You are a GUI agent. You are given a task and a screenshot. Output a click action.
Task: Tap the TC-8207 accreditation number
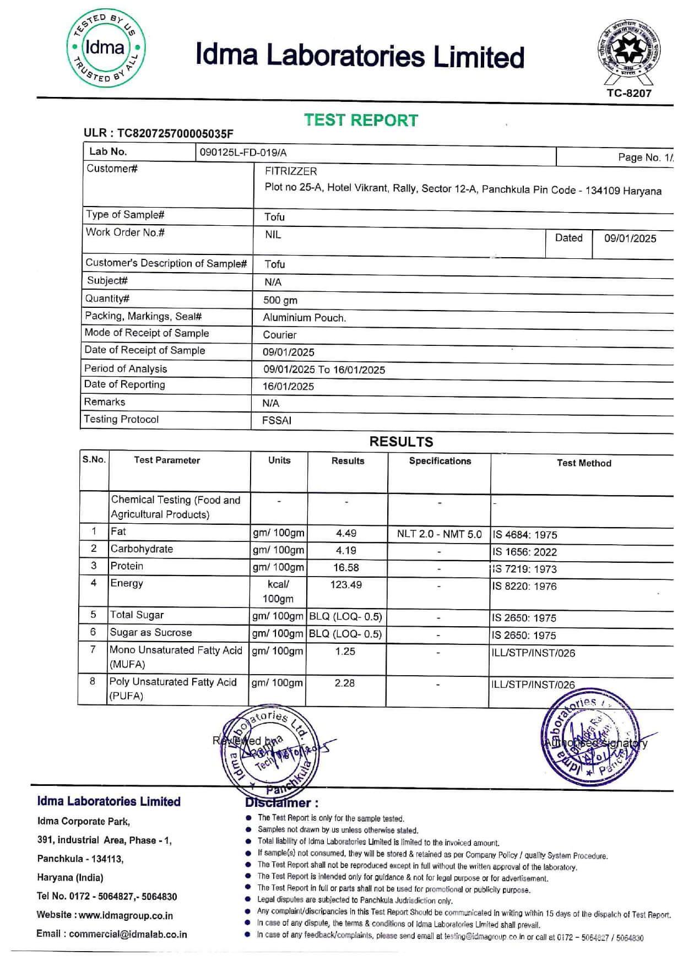(629, 93)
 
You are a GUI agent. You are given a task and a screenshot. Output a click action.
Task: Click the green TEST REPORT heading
(361, 120)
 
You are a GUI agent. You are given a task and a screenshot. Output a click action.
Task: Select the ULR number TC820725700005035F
(175, 133)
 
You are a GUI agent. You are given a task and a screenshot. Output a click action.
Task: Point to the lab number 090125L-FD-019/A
(243, 153)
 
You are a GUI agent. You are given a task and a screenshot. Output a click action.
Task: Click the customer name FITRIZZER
(291, 171)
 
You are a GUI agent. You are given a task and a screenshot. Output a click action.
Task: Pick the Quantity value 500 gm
(280, 300)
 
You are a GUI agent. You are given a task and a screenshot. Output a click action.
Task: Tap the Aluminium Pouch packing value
(304, 318)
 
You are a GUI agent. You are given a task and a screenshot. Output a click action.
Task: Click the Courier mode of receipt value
(280, 335)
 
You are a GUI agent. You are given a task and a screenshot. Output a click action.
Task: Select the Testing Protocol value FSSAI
(277, 420)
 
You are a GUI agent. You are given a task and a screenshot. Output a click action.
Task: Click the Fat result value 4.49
(346, 533)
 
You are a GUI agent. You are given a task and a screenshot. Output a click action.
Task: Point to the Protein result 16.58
(346, 567)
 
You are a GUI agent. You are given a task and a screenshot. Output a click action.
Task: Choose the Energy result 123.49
(346, 584)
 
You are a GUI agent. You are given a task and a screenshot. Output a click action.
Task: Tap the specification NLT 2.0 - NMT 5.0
(439, 534)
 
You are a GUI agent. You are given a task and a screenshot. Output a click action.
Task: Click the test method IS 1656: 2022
(524, 552)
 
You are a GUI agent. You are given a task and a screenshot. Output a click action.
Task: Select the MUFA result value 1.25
(345, 651)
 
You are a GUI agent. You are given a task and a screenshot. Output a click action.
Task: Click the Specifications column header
(440, 461)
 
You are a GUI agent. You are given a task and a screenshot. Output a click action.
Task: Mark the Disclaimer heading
(281, 803)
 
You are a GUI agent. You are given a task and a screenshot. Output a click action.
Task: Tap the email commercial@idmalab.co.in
(128, 934)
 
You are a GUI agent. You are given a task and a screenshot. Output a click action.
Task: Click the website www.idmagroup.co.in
(126, 915)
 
